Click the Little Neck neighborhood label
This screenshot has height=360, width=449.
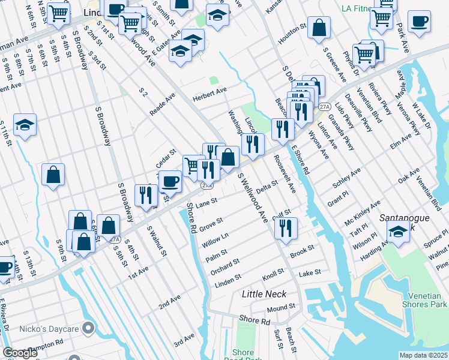264,294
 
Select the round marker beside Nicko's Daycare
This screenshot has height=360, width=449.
89,328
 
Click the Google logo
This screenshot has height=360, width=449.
20,353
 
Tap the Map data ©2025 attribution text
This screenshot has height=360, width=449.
423,355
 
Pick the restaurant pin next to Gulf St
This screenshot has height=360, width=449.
285,227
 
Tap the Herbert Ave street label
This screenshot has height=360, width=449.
209,95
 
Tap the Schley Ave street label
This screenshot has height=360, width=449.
347,179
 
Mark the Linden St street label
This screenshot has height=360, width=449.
228,278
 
